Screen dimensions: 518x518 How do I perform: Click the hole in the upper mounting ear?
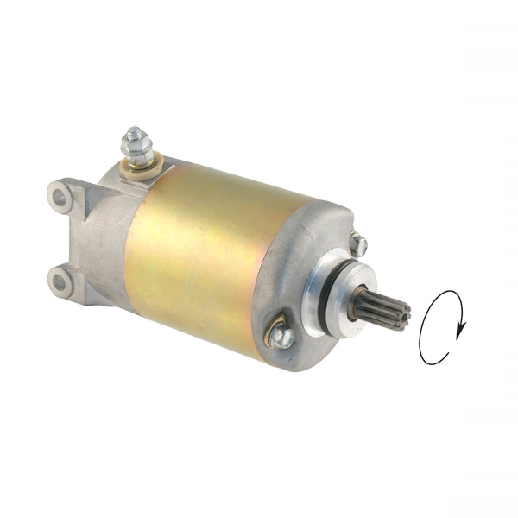pyautogui.click(x=59, y=196)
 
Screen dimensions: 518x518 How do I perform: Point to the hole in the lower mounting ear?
pyautogui.click(x=60, y=281)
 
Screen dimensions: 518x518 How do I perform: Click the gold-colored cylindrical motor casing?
pyautogui.click(x=199, y=250)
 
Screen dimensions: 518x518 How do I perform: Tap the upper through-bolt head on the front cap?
pyautogui.click(x=359, y=245)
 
